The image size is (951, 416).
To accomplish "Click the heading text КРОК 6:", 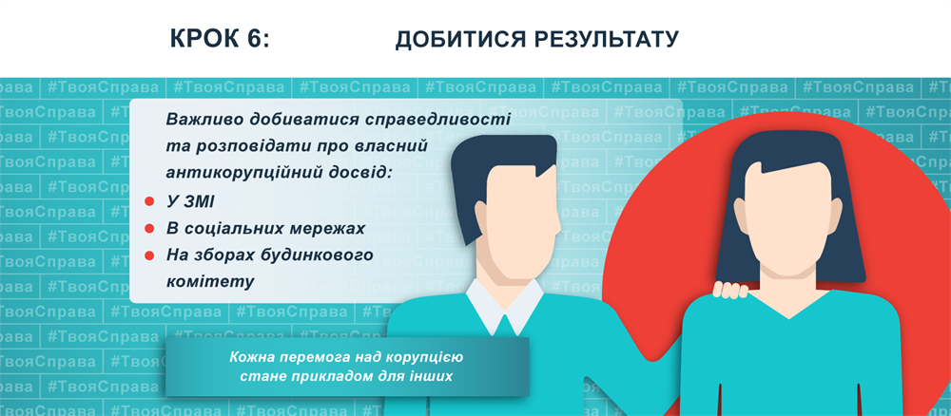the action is (220, 39).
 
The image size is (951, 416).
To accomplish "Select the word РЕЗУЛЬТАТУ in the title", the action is (607, 39).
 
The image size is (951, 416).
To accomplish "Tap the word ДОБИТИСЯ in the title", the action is (461, 39).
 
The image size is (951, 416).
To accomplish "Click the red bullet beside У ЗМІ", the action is (149, 201).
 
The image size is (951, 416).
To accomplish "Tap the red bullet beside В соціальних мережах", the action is (149, 229).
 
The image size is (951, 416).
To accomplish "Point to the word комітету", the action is (210, 282).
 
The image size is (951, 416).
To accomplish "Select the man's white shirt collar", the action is (505, 307).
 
